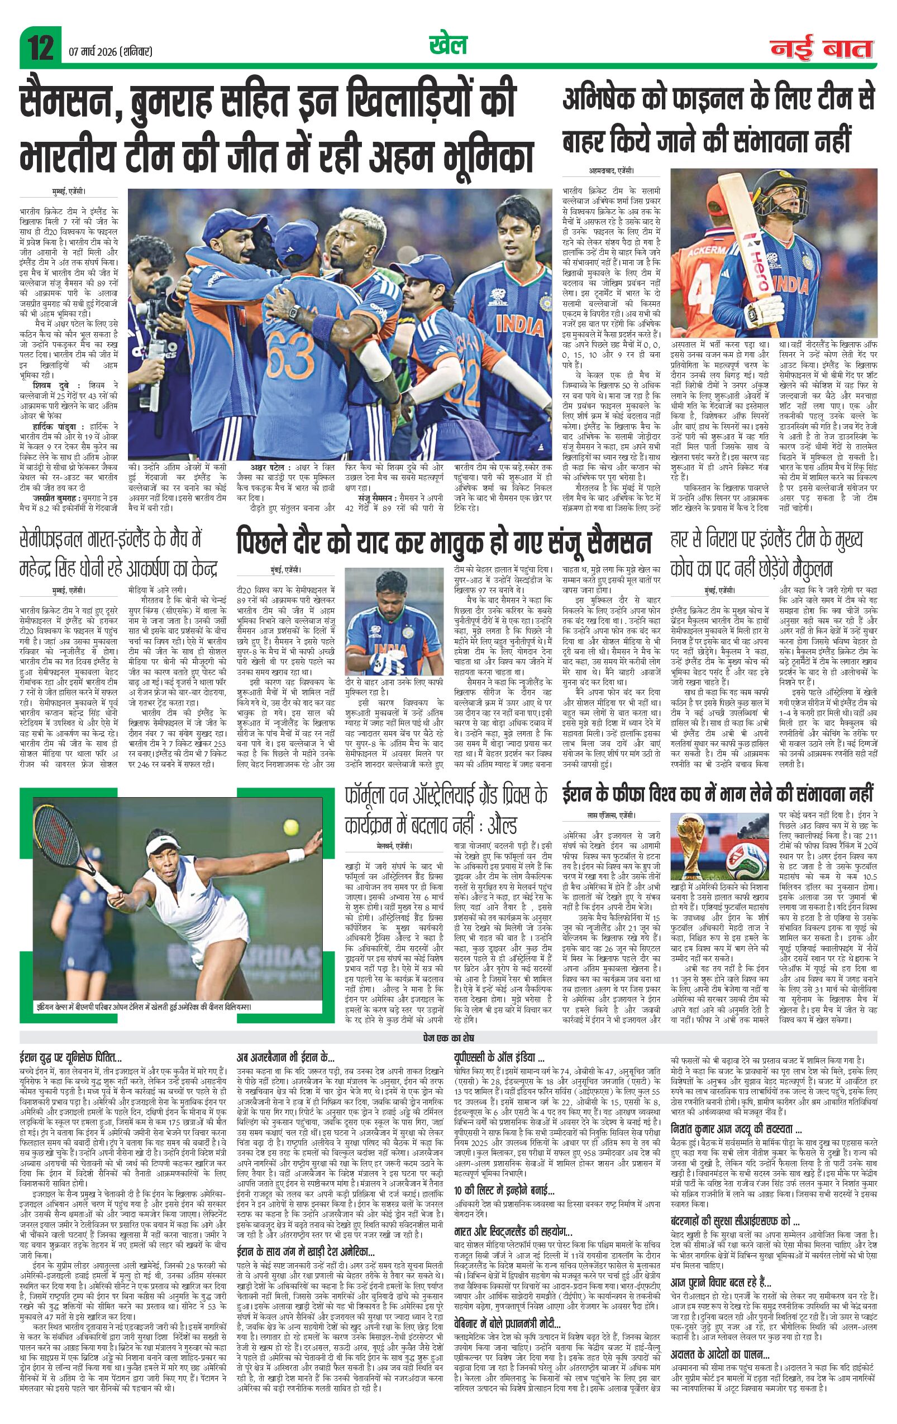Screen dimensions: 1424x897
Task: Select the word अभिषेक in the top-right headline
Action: point(609,100)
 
